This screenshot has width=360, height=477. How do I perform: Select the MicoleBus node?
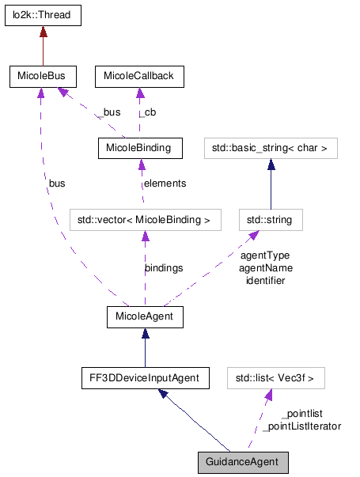coord(42,77)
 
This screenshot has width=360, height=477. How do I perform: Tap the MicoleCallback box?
coord(139,77)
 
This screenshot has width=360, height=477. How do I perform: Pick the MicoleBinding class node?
coord(138,148)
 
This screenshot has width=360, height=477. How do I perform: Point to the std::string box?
coord(271,219)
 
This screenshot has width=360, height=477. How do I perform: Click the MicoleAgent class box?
coord(145,317)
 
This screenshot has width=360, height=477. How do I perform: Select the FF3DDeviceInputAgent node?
coord(145,377)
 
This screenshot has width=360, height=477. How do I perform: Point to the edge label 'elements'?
coord(165,184)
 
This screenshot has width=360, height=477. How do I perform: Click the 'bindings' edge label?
coord(164,268)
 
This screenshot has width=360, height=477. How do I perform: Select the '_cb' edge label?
coord(147,112)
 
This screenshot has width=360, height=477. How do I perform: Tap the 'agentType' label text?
coord(264,256)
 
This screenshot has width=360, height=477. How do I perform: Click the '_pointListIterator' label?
coord(301,426)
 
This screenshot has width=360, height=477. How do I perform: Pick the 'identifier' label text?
coord(265,280)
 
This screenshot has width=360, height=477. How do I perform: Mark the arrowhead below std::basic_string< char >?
coord(271,164)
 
